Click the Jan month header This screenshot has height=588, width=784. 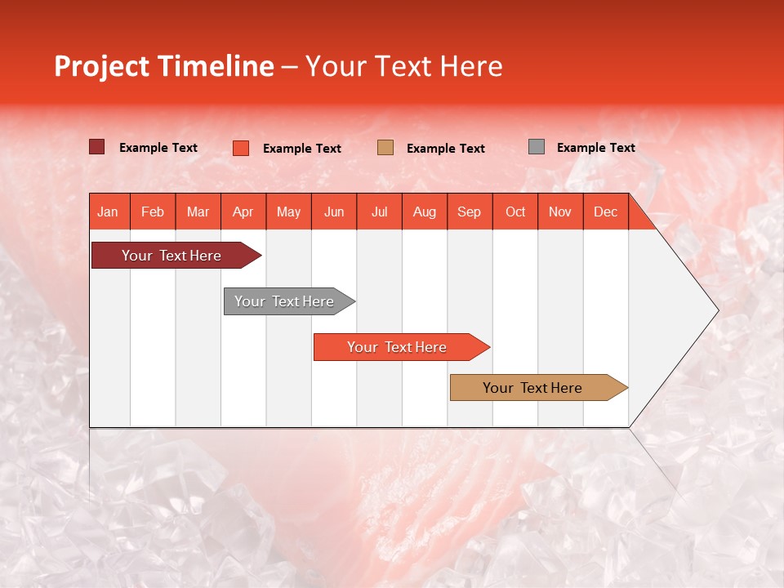coord(109,212)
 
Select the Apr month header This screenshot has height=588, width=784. coord(243,212)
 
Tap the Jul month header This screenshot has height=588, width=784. coord(379,212)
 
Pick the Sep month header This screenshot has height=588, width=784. coord(470,212)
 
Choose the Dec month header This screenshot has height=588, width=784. coord(605,212)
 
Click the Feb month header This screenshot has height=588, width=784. coord(153,212)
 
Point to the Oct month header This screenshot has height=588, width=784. coord(515,212)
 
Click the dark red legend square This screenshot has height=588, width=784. coord(96,147)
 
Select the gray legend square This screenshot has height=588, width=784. coord(537,147)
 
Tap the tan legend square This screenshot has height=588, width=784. coord(385,148)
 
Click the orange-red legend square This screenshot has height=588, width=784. coord(241,148)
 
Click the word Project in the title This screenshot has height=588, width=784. coord(102,66)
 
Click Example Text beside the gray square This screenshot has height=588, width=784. coord(595,148)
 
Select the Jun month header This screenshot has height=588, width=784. coord(334,212)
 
